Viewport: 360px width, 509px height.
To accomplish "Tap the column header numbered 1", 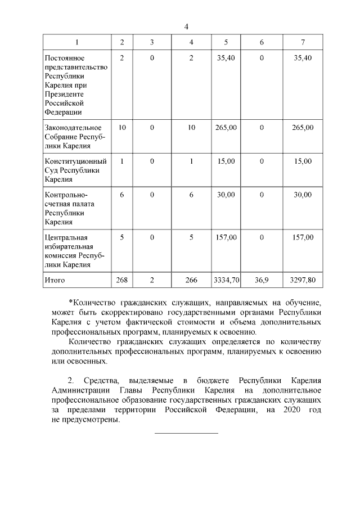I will pos(77,43).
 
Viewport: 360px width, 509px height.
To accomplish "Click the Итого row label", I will pos(55,280).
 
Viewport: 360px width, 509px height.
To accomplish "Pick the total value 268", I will pos(122,280).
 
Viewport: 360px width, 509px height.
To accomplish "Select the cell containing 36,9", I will pos(262,280).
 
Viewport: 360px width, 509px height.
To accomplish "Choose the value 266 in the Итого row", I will pos(191,280).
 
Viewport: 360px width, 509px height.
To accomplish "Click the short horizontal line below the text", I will pos(186,433).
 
